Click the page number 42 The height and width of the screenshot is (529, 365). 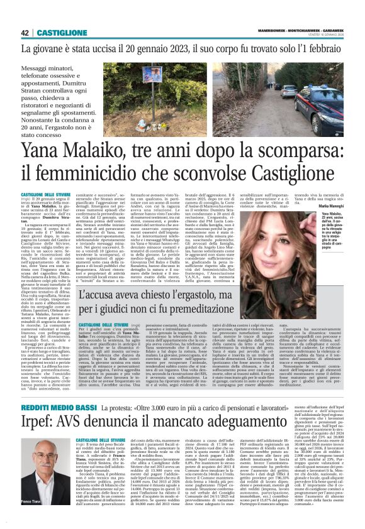25,33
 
